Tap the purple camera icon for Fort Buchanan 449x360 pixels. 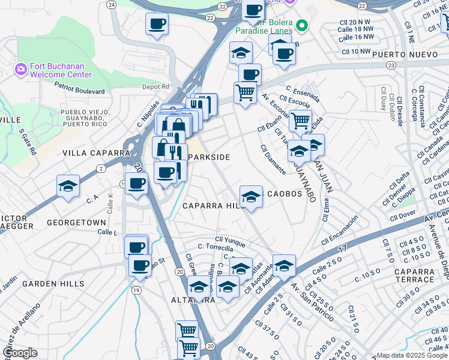pyautogui.click(x=21, y=70)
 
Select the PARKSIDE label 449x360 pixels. pyautogui.click(x=209, y=157)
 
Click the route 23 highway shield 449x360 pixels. pyautogui.click(x=391, y=65)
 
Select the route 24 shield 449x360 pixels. pyautogui.click(x=110, y=4)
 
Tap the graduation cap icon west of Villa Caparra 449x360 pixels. pyautogui.click(x=68, y=186)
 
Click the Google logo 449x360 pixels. pyautogui.click(x=20, y=353)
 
